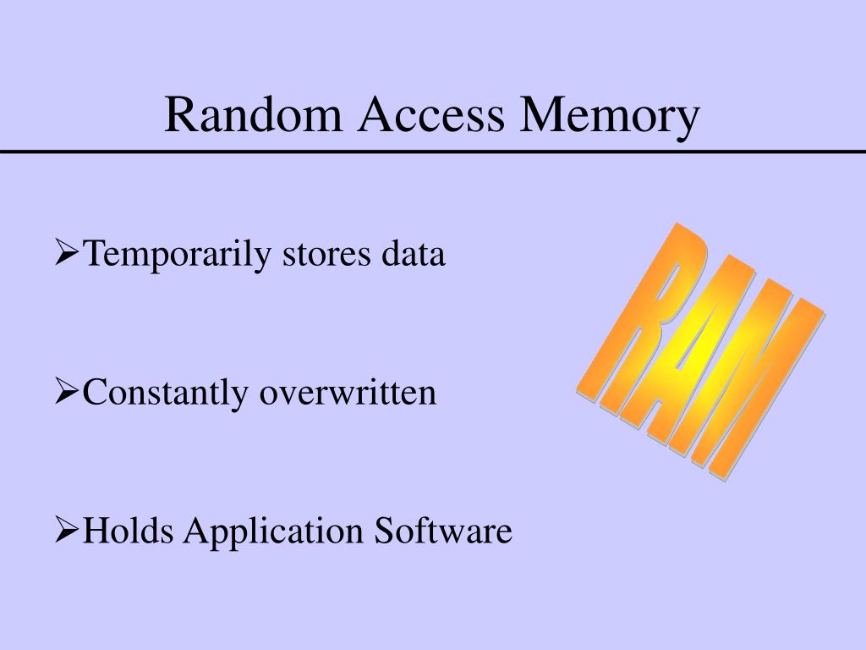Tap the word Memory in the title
click(x=610, y=117)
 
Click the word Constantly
click(x=166, y=393)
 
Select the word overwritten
click(x=348, y=393)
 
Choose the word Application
click(x=275, y=533)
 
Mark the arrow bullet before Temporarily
click(x=68, y=253)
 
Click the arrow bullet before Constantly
click(x=68, y=392)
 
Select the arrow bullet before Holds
click(x=68, y=531)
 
